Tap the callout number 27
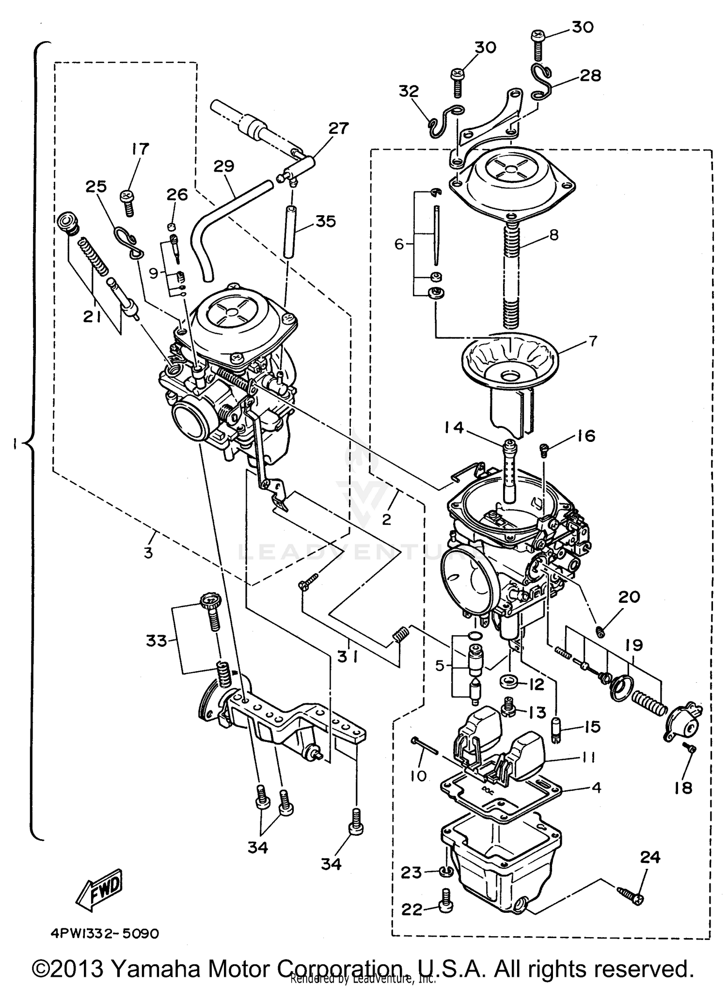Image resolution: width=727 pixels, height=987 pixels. pyautogui.click(x=338, y=128)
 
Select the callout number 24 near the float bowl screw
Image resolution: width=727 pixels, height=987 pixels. pyautogui.click(x=649, y=857)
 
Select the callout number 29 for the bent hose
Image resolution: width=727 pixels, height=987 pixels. pyautogui.click(x=223, y=166)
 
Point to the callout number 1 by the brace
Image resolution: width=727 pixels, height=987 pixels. pyautogui.click(x=16, y=443)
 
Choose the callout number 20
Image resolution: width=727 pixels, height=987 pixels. pyautogui.click(x=629, y=596)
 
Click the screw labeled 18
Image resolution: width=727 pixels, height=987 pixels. pyautogui.click(x=692, y=749)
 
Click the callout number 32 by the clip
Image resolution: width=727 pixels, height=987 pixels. pyautogui.click(x=409, y=91)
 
